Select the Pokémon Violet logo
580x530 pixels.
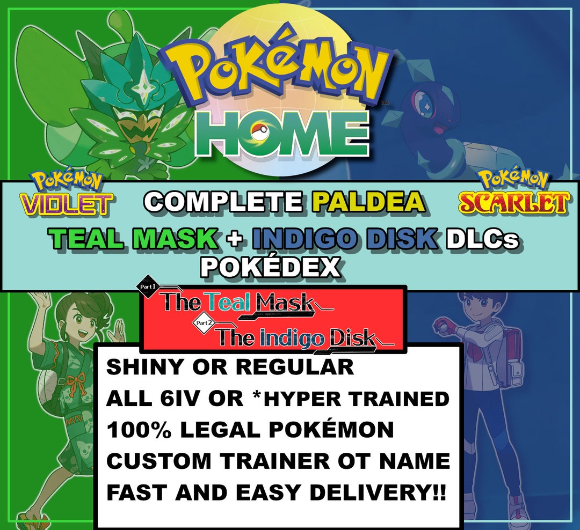[x=66, y=195]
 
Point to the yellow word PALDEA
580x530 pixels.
[x=368, y=203]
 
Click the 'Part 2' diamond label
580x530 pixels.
[x=205, y=323]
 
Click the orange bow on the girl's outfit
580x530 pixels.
[x=76, y=384]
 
